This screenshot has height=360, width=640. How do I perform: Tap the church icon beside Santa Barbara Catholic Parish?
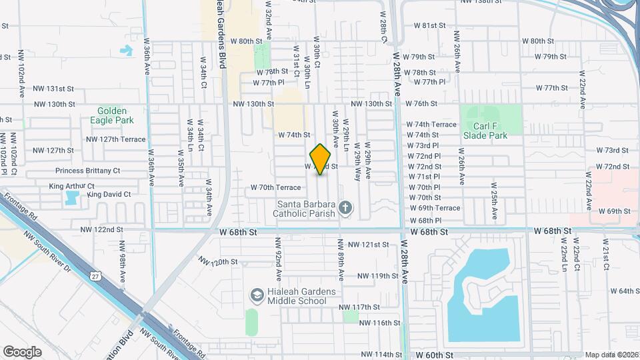(x=345, y=207)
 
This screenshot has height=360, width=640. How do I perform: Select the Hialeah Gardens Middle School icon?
(x=257, y=295)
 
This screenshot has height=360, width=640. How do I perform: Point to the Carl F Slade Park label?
(x=485, y=130)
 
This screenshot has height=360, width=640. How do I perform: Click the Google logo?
(x=22, y=352)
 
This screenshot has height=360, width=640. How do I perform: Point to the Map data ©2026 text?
(x=611, y=355)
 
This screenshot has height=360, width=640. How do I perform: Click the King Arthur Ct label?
(x=72, y=186)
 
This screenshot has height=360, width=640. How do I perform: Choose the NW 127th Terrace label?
(x=115, y=139)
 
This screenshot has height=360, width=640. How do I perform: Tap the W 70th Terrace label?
(x=275, y=187)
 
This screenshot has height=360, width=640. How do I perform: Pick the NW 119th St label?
(x=377, y=275)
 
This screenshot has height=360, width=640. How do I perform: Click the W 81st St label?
(x=429, y=25)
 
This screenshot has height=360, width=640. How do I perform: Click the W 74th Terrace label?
(x=431, y=125)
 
